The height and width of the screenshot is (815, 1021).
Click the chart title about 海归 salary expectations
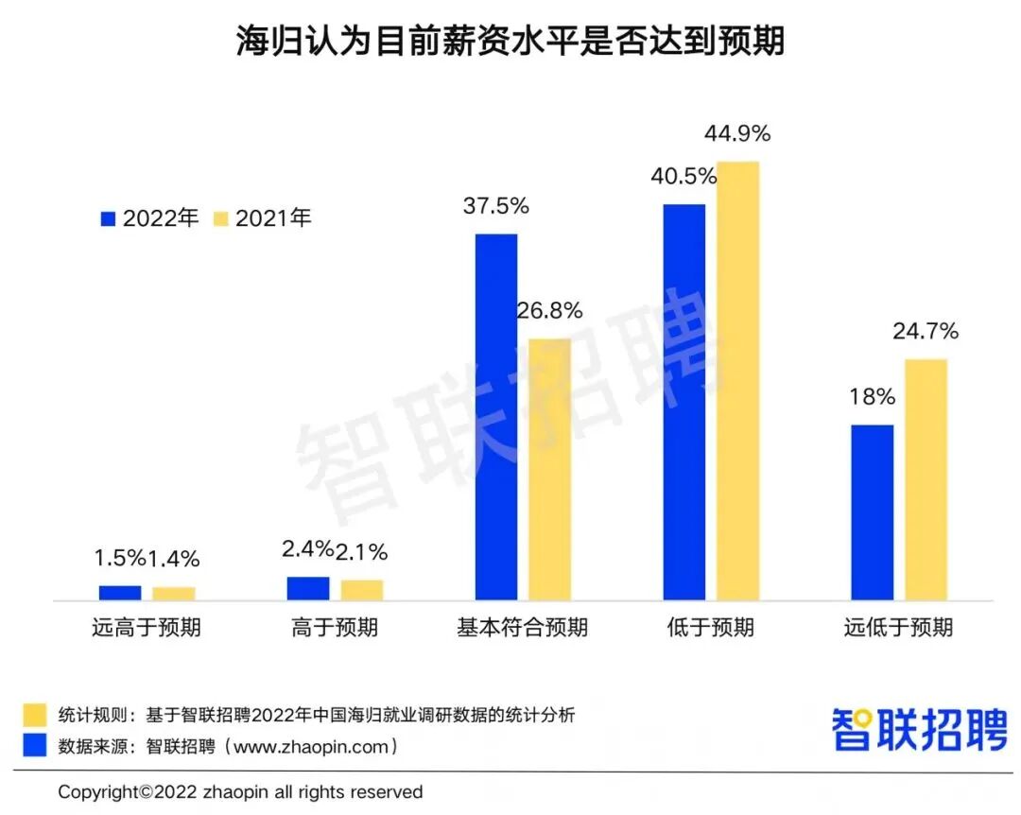[x=510, y=41]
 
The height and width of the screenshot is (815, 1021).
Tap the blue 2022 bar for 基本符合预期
[x=495, y=417]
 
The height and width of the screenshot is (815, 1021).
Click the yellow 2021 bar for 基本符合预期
[x=549, y=469]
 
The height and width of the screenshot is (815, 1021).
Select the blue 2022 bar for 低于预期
[x=684, y=402]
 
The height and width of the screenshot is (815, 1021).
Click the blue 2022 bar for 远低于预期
[x=872, y=512]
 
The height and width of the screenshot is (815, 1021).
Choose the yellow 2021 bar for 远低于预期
[x=926, y=479]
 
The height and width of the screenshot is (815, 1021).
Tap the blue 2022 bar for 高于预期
[x=308, y=588]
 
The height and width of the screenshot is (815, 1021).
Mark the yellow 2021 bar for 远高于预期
[x=174, y=593]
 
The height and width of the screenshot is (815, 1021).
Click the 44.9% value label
[x=737, y=134]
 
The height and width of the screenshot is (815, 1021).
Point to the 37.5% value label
[x=495, y=206]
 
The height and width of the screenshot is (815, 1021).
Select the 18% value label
[x=872, y=397]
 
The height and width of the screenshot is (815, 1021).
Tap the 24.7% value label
[x=926, y=332]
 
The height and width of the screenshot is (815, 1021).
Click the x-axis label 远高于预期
[x=147, y=628]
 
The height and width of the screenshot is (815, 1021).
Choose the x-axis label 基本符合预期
[x=522, y=628]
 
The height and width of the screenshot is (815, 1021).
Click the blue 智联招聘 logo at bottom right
[x=919, y=729]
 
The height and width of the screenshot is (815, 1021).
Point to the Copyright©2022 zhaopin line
[x=240, y=791]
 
